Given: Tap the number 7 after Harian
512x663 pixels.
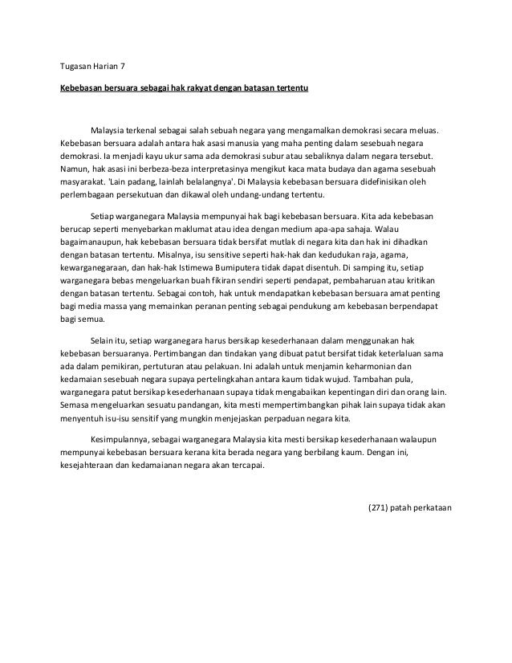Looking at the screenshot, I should point(124,64).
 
